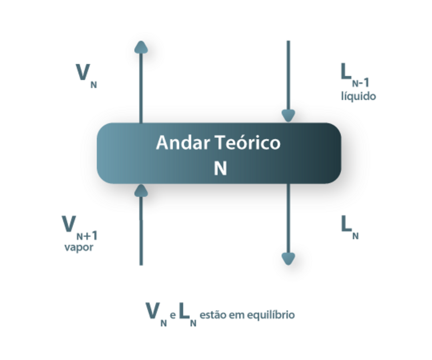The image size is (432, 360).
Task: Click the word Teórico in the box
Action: (x=248, y=143)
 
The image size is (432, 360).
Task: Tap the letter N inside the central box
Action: (x=220, y=168)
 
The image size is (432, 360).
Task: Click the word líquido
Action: (x=358, y=96)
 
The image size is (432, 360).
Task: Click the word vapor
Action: (x=79, y=247)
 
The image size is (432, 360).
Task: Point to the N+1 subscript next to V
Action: (x=87, y=236)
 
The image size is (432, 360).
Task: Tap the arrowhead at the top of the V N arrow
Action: (x=141, y=47)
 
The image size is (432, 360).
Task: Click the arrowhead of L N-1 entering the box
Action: (x=288, y=116)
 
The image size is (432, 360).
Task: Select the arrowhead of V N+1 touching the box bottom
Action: (x=141, y=190)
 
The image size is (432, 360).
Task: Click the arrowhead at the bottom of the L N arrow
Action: (x=288, y=259)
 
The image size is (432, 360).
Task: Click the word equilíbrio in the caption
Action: (x=271, y=315)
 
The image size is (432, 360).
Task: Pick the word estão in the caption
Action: (x=212, y=315)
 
